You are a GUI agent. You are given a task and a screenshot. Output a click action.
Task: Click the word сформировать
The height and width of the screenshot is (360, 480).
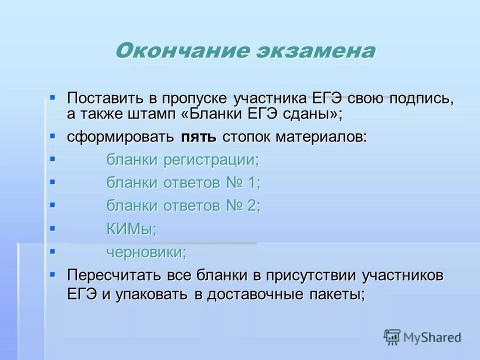tap(120, 136)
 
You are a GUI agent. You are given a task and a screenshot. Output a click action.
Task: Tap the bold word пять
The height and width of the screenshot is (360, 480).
tap(198, 137)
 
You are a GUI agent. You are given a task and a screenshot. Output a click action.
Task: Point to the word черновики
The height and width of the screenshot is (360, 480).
tap(146, 252)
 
